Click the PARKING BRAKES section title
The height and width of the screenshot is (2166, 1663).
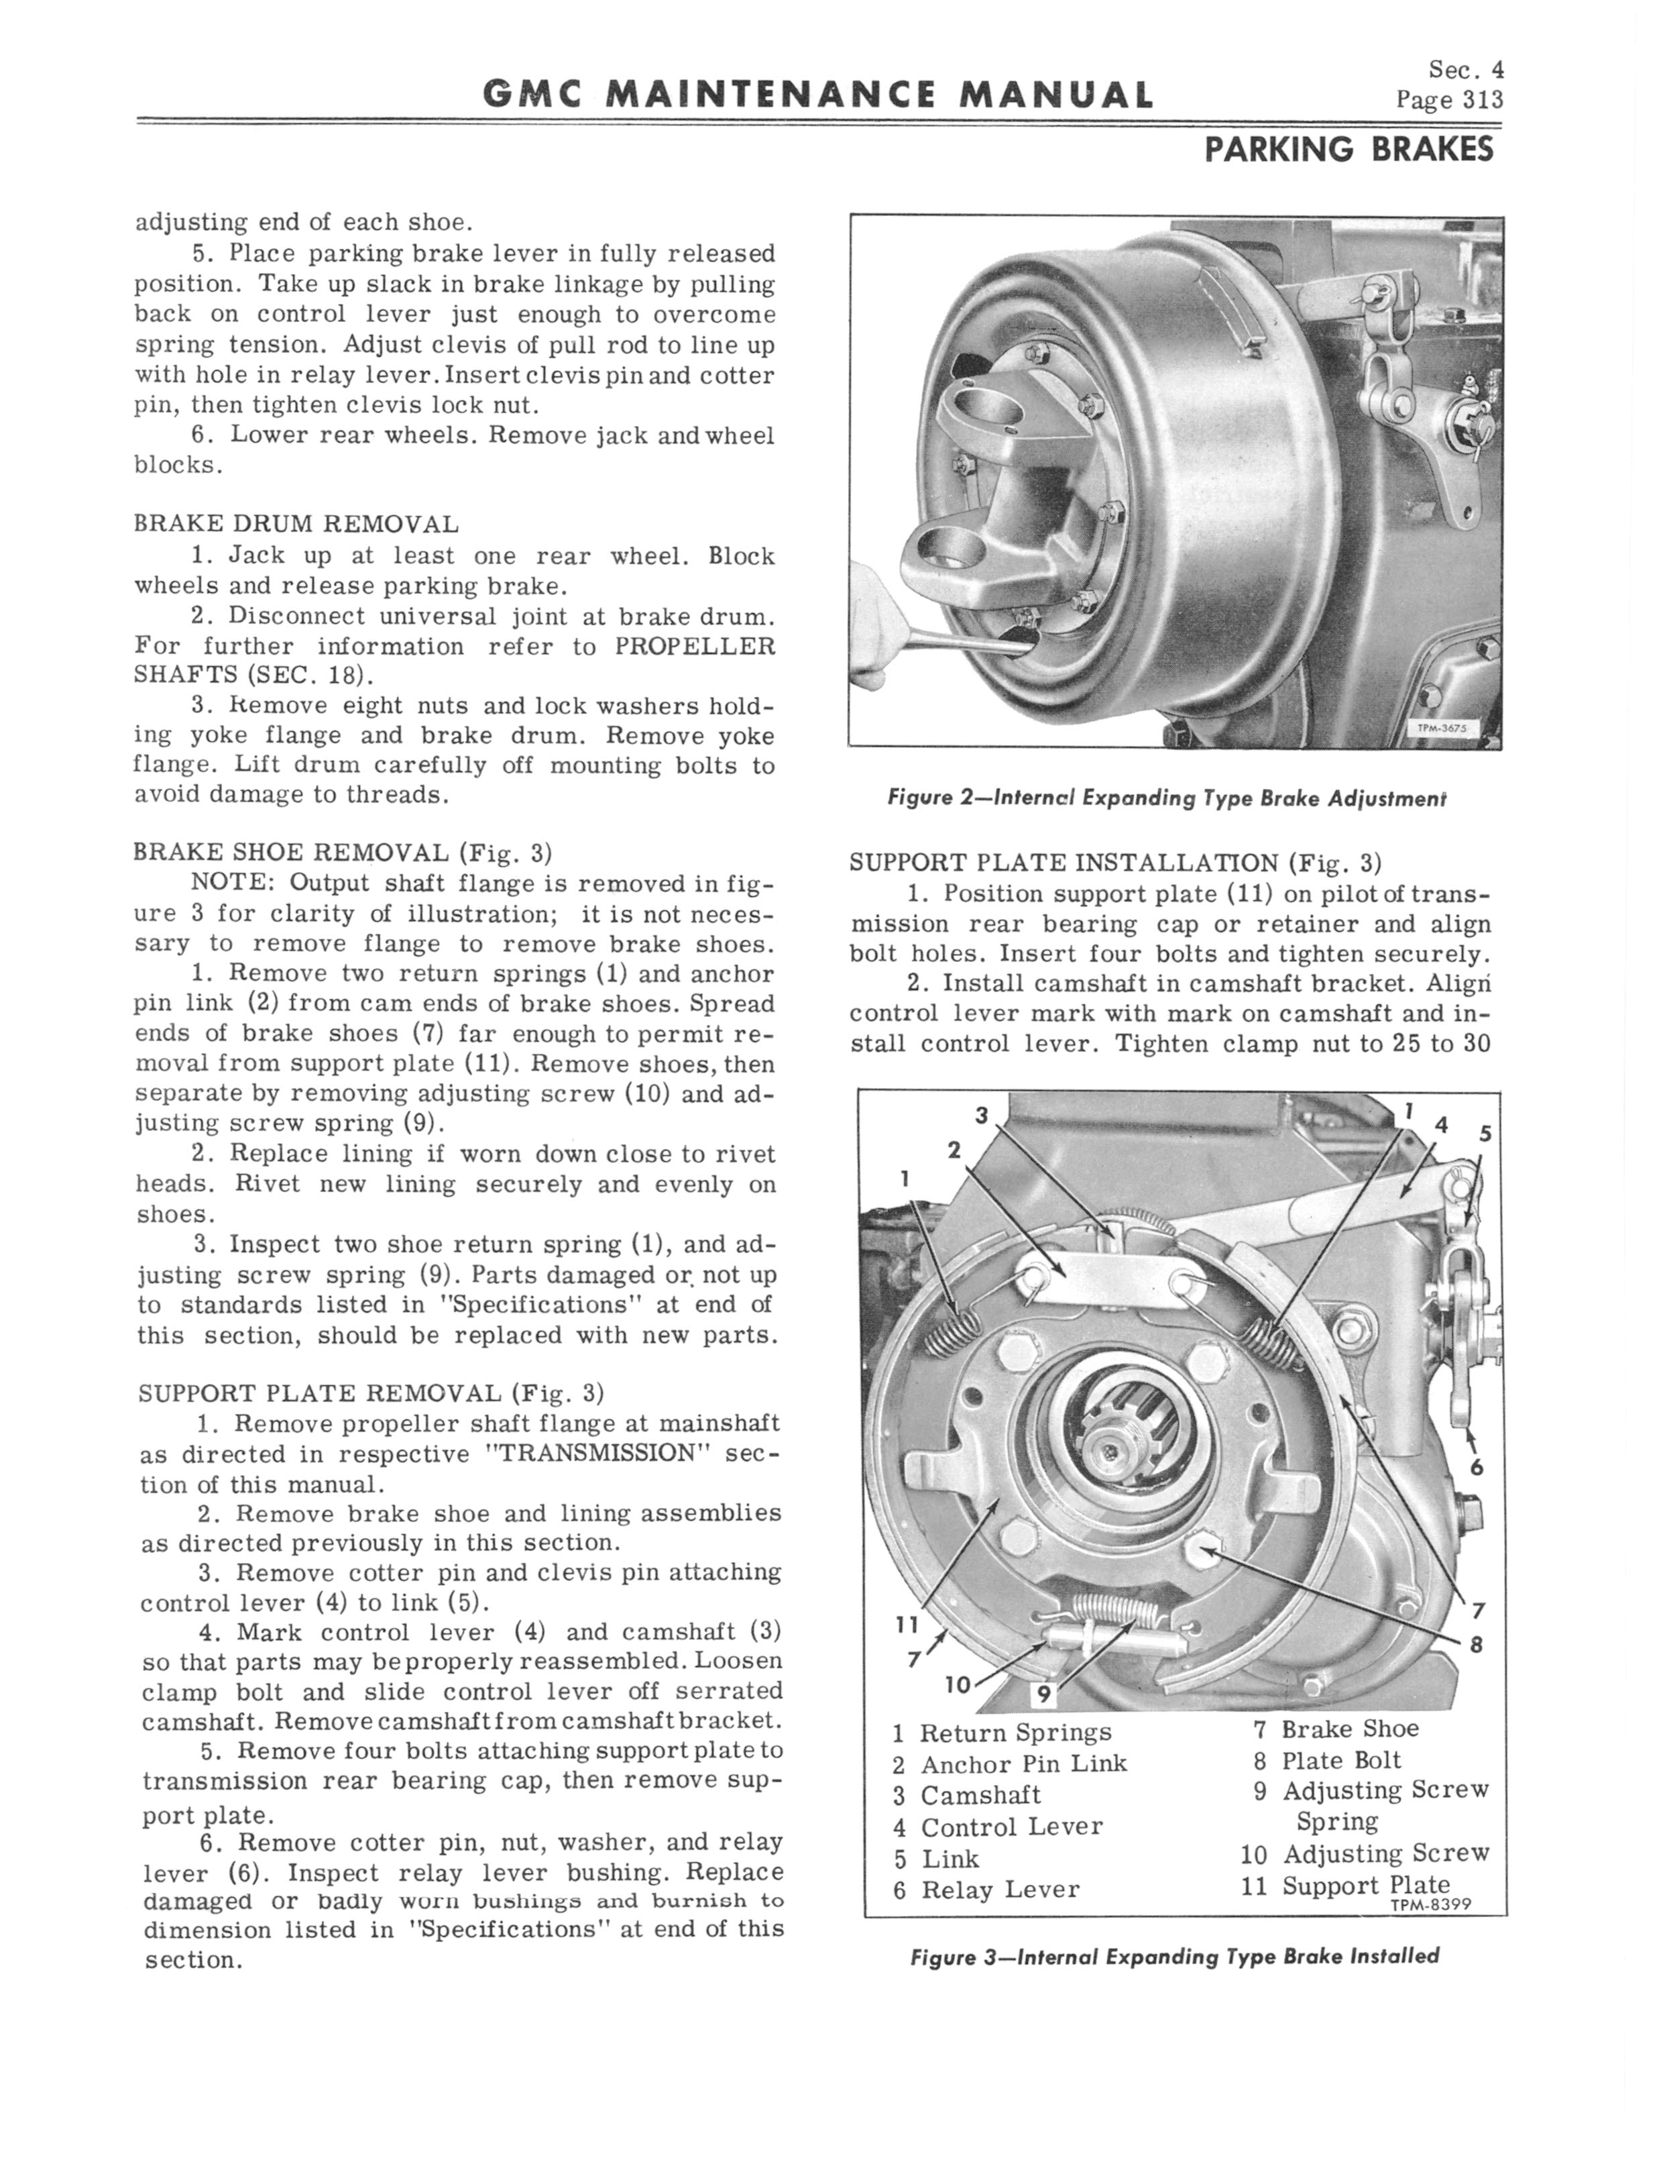(x=1349, y=150)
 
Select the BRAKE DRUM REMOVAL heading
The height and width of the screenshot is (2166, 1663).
(x=296, y=524)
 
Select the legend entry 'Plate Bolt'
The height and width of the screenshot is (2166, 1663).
(x=1341, y=1760)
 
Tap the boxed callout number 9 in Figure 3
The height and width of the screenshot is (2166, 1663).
(x=1041, y=1696)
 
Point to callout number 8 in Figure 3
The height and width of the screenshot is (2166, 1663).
(x=1476, y=1645)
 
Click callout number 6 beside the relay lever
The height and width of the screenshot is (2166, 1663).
(x=1476, y=1467)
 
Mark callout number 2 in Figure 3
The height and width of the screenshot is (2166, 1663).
(x=954, y=1149)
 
